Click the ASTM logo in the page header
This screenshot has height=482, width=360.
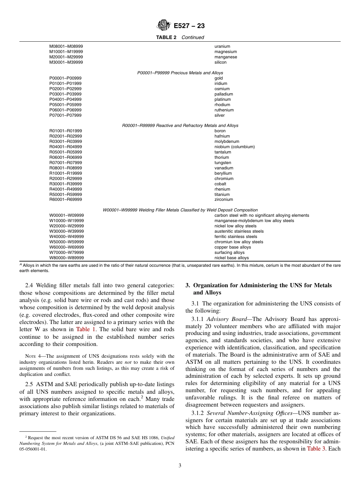point(164,26)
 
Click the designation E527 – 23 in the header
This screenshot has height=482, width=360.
point(189,26)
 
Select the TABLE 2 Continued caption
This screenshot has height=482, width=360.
point(180,38)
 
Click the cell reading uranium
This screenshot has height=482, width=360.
point(222,47)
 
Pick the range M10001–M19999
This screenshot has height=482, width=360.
point(66,52)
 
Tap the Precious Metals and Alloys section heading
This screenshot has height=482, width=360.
point(180,73)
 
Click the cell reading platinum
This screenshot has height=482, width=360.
point(223,100)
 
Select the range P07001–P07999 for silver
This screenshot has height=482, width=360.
point(65,116)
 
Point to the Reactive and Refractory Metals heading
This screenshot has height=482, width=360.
point(180,126)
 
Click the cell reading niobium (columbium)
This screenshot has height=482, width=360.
point(235,147)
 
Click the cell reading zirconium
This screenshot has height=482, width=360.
point(224,200)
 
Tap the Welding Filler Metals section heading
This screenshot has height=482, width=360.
point(180,210)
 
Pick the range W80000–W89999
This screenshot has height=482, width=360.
point(67,258)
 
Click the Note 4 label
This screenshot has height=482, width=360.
point(30,356)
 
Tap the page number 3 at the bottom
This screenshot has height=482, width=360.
point(180,466)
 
